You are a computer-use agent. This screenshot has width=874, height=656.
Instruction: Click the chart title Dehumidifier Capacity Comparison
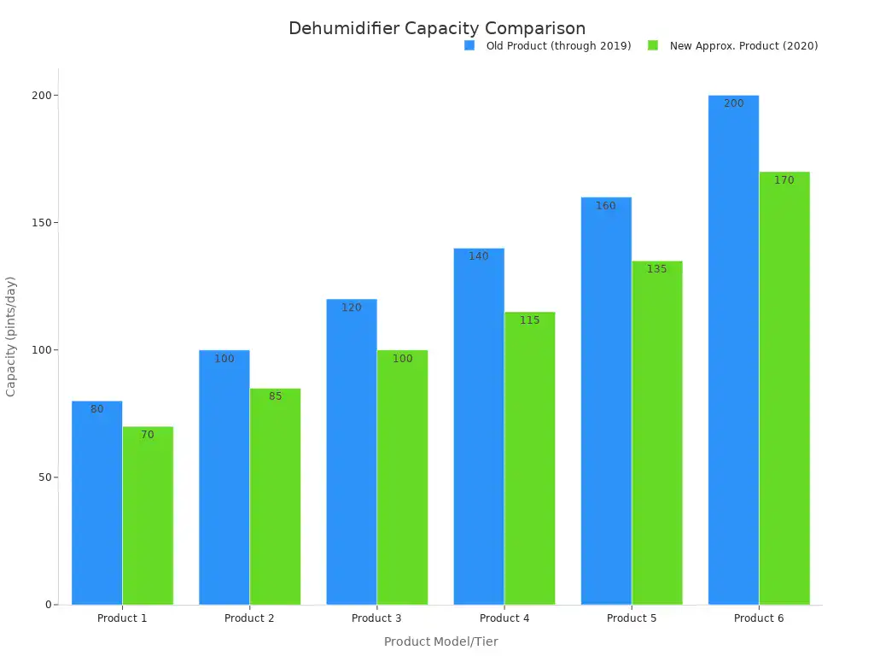tap(437, 28)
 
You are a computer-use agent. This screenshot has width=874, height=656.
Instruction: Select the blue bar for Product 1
tap(96, 504)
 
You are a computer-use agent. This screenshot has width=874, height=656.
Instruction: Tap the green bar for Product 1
tap(148, 517)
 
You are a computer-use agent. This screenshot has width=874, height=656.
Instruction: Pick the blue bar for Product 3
tap(352, 453)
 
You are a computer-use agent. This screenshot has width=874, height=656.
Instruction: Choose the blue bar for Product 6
tap(733, 350)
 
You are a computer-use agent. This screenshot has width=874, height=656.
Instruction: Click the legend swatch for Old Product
tap(469, 46)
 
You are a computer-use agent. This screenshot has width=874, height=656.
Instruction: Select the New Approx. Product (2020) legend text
tap(743, 46)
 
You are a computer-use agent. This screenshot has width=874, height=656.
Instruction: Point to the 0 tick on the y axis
tap(49, 605)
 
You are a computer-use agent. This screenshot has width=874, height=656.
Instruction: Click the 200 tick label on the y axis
tap(40, 96)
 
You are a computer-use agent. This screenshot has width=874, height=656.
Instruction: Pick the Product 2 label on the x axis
tap(249, 618)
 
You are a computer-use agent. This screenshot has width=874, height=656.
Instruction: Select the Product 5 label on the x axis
tap(632, 618)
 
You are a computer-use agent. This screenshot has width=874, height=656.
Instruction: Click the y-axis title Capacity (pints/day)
tap(11, 336)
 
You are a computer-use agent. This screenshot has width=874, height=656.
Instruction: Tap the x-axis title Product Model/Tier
tap(440, 641)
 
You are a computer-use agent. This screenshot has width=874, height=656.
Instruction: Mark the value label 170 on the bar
tap(784, 180)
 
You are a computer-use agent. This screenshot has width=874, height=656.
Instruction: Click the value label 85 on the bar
tap(275, 396)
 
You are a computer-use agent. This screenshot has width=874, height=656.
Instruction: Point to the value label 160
tap(606, 206)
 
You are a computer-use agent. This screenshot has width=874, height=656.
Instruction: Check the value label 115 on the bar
tap(530, 320)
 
